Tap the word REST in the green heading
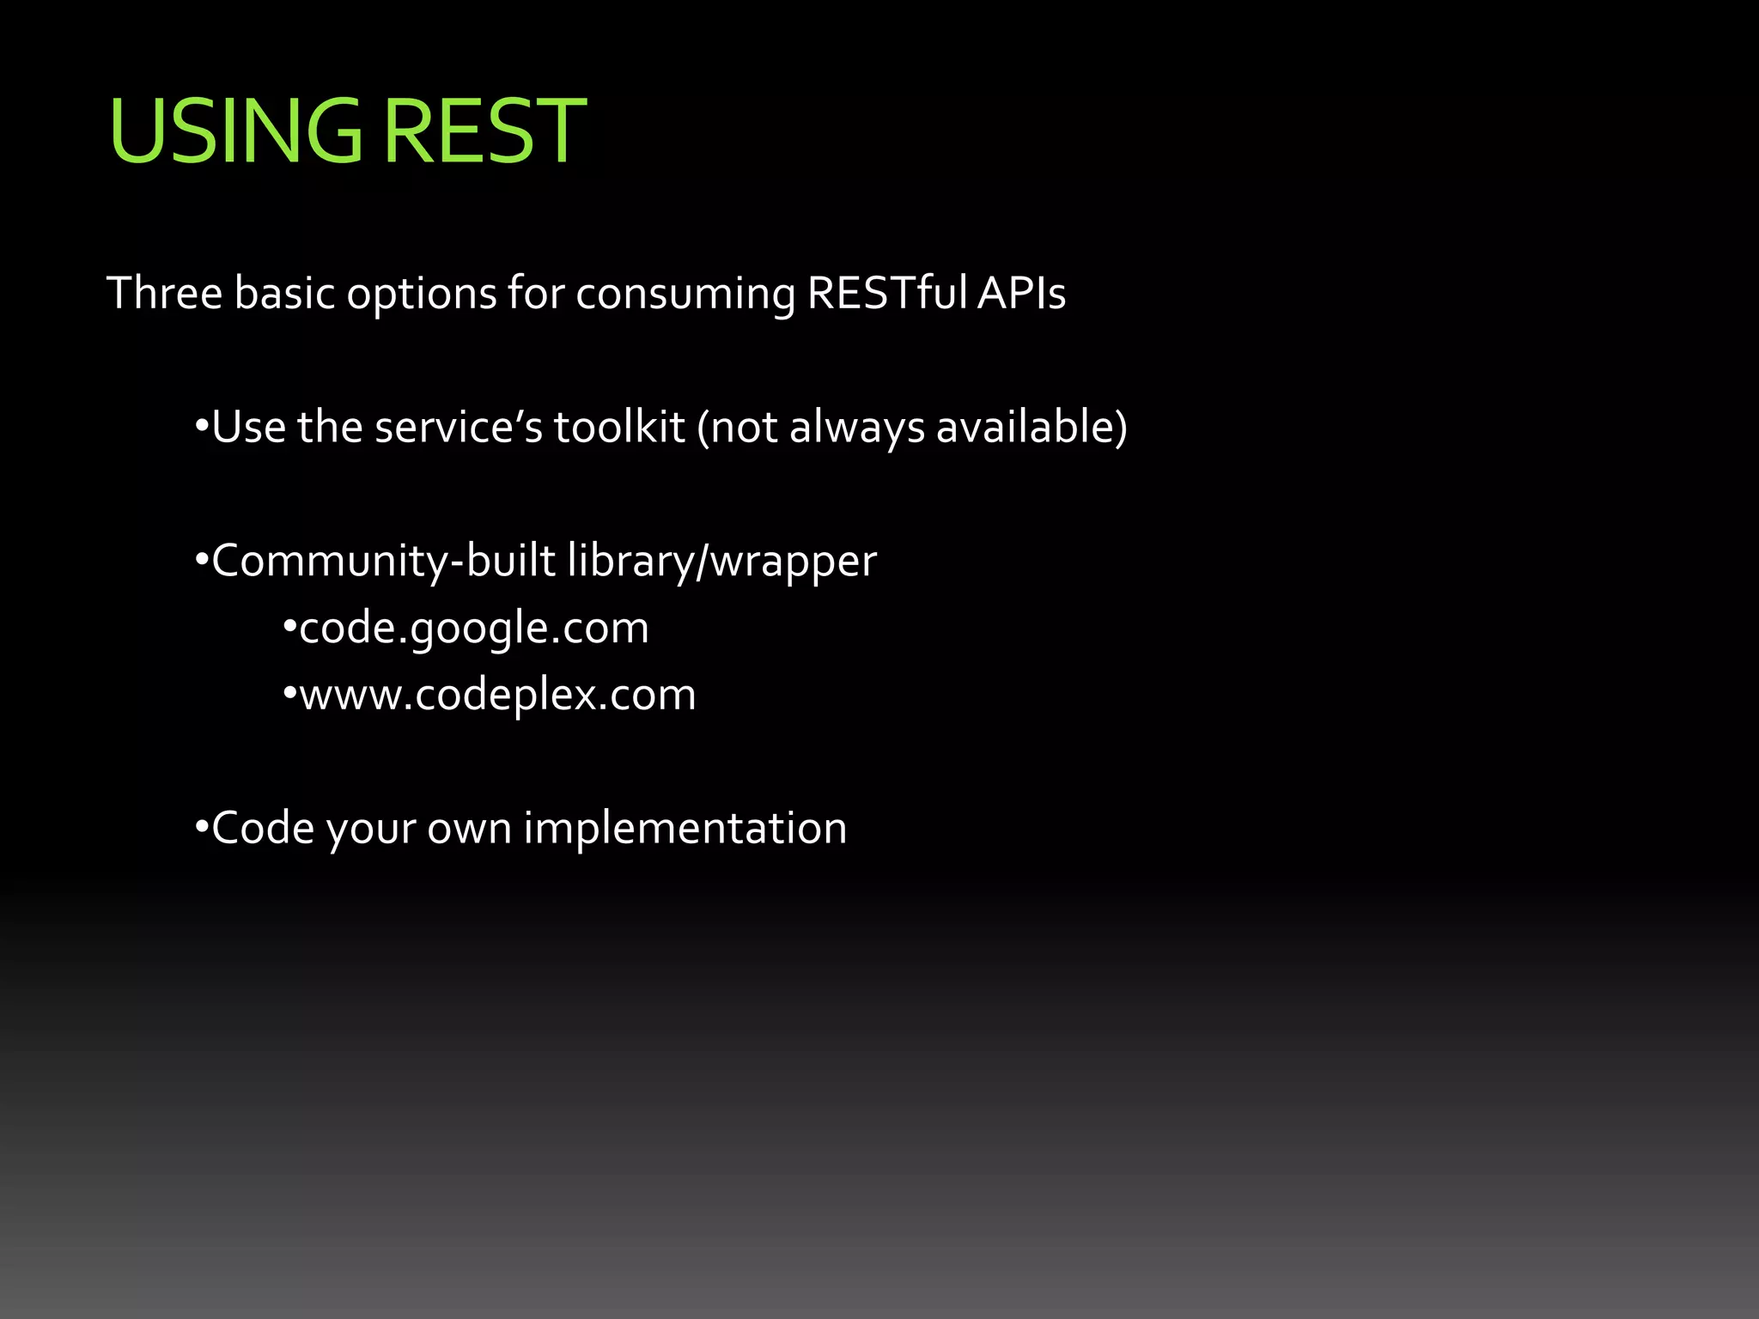[484, 131]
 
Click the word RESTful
[887, 294]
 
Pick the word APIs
[1021, 294]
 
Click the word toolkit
[619, 427]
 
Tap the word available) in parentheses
[1032, 427]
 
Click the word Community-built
[383, 562]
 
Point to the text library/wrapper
[722, 562]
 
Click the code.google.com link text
[474, 629]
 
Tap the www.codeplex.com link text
[497, 695]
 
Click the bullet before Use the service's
[202, 427]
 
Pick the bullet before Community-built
[202, 562]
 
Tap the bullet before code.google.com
[289, 629]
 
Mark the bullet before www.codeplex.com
[289, 694]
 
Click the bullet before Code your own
[202, 829]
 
